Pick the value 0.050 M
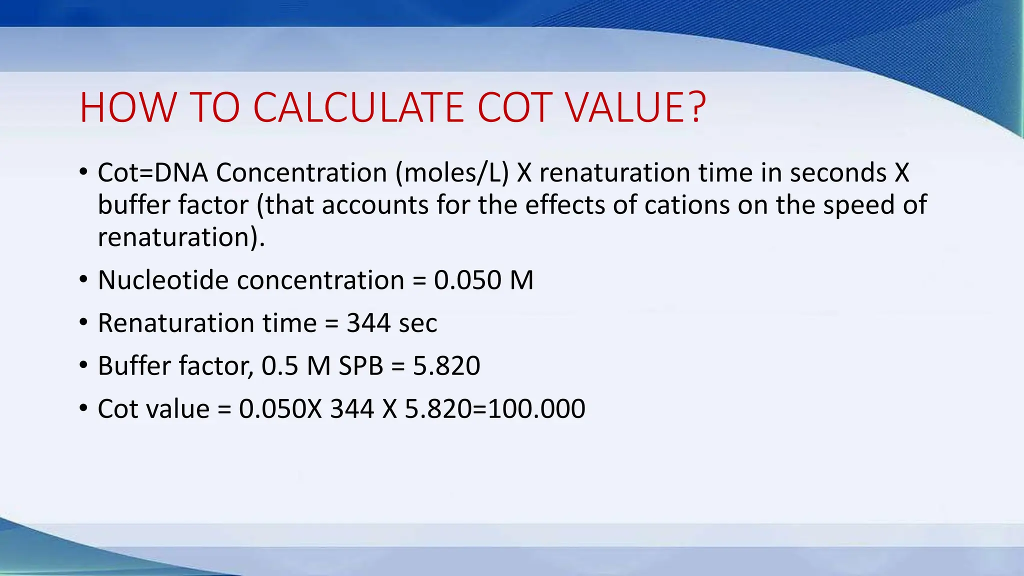pos(483,280)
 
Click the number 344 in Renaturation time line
pos(368,323)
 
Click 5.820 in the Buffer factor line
pos(446,366)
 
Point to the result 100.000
pos(536,409)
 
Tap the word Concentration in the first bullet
pos(301,173)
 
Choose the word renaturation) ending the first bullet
pos(180,237)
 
